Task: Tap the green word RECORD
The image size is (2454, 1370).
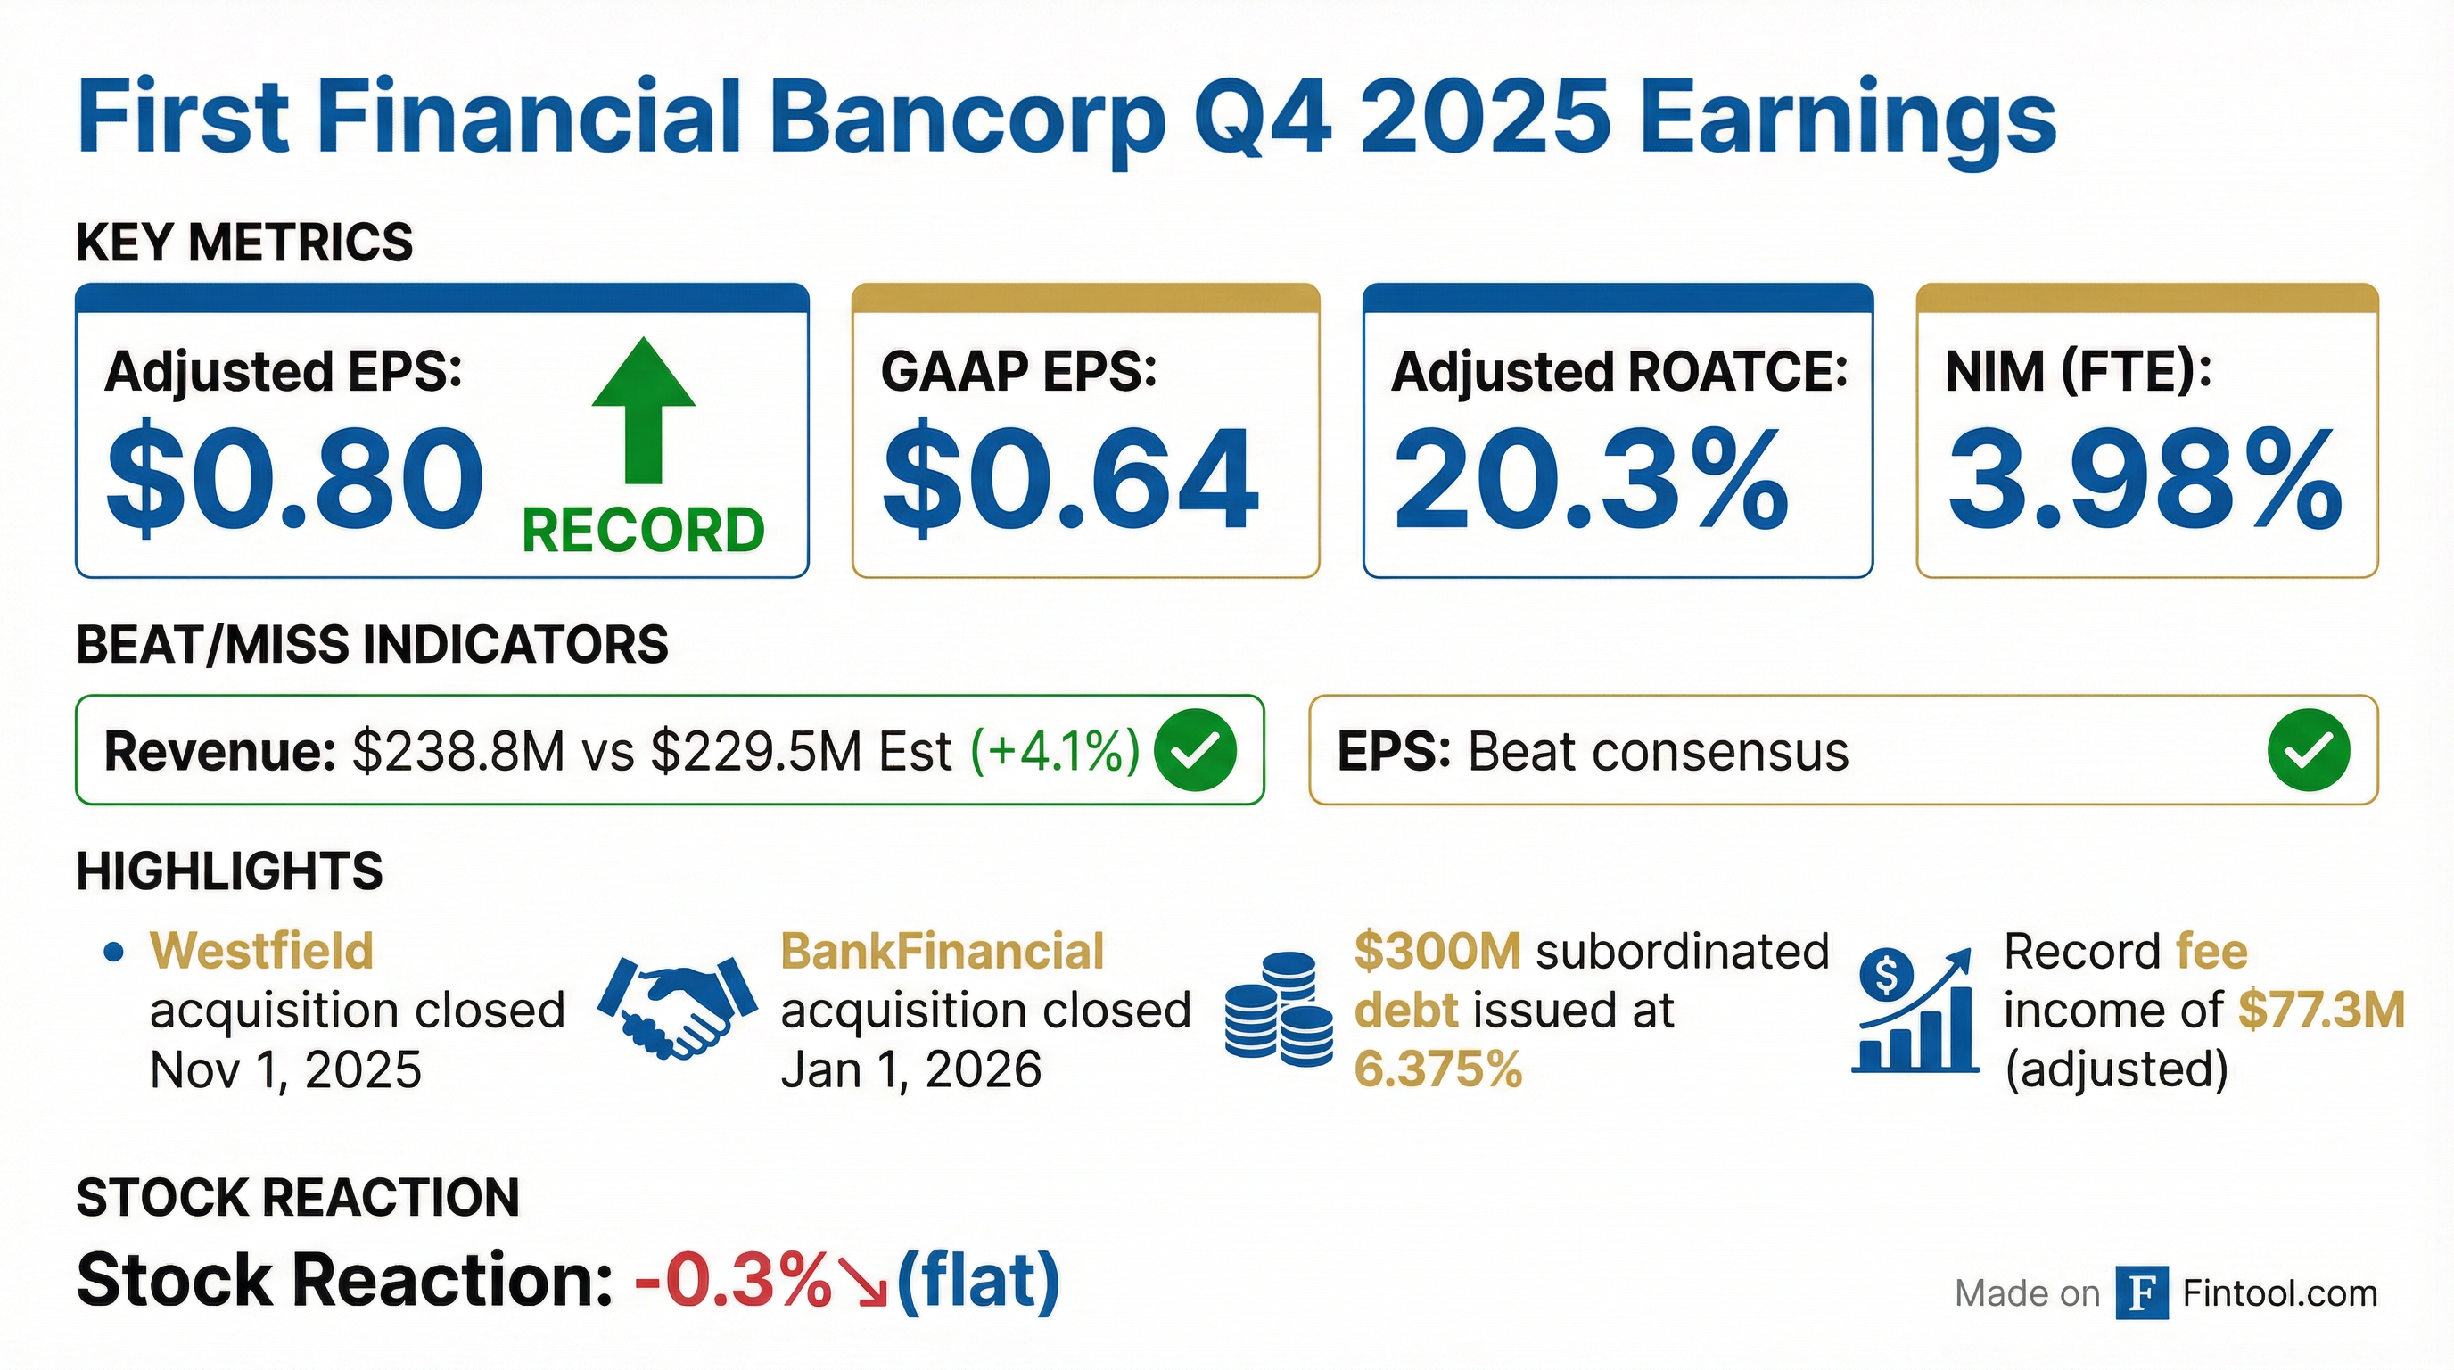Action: [643, 530]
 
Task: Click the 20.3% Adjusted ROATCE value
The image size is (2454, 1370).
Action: [1591, 477]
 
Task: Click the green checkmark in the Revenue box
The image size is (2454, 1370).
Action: [1195, 751]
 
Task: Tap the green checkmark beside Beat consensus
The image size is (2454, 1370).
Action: [2310, 751]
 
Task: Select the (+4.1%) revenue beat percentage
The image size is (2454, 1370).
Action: [1056, 752]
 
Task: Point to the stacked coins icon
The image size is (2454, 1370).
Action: [1279, 1009]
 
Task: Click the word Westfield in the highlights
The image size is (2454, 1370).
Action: [262, 951]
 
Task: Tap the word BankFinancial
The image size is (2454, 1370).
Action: [943, 951]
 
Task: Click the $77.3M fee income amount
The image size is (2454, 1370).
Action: [2322, 1010]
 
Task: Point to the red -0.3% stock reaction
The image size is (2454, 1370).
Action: [734, 1281]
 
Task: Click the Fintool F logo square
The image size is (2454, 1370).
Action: [2143, 1292]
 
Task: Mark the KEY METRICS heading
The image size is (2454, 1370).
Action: [245, 242]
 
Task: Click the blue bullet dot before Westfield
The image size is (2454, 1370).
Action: [114, 952]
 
